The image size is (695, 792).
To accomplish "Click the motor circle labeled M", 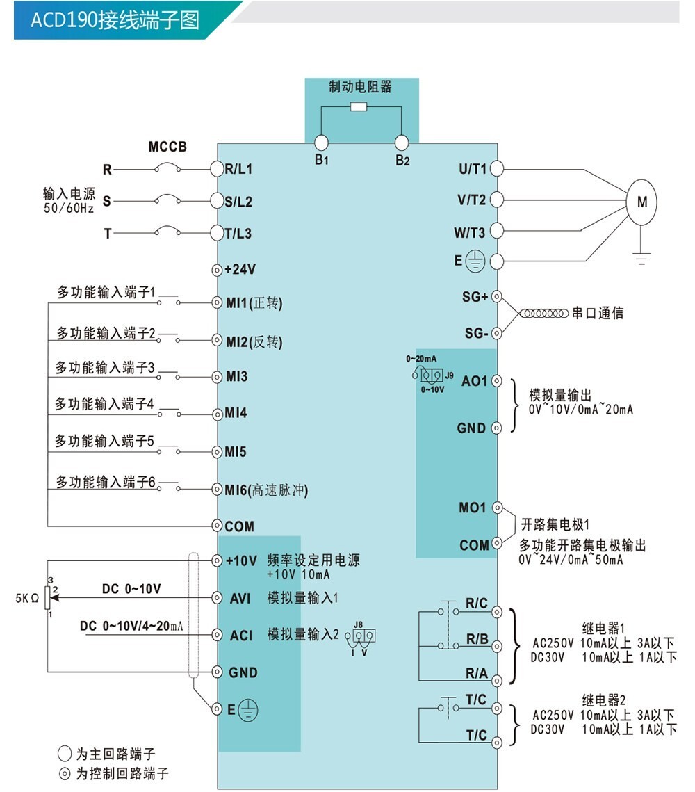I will coord(641,201).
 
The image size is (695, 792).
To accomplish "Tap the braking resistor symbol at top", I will coord(359,106).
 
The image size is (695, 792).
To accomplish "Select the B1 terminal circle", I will coord(320,143).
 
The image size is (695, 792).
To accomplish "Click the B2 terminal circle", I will coord(402,143).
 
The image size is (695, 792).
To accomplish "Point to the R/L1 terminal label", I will coord(238,169).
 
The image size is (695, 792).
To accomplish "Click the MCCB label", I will coord(167,147).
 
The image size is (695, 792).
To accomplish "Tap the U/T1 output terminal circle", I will coord(497,168).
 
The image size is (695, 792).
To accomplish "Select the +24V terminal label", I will coord(240,269).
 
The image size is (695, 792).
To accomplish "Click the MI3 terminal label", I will coord(236,377).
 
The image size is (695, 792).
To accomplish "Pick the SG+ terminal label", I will coord(475,297).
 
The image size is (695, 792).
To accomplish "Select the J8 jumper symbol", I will coord(364,635).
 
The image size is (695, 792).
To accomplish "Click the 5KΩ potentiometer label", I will coord(27,597).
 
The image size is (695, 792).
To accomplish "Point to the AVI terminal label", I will coord(240,598).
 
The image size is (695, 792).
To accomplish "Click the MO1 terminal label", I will coord(473,508).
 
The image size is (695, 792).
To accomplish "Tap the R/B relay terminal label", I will coord(477,639).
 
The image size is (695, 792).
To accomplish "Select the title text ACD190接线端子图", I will coord(115,20).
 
